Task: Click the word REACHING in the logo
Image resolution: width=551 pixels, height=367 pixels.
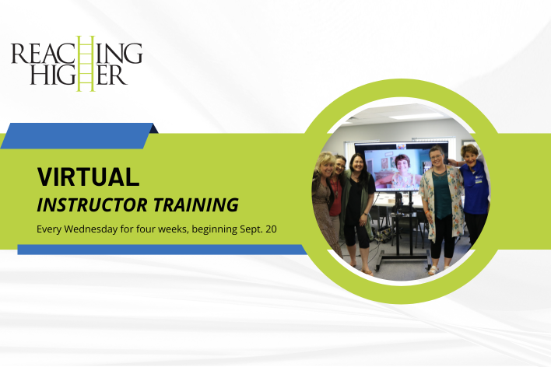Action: (76, 54)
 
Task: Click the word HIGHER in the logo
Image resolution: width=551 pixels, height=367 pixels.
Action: (78, 75)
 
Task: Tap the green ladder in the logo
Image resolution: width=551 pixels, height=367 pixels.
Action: (86, 63)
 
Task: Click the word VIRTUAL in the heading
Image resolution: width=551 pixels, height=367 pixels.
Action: (88, 177)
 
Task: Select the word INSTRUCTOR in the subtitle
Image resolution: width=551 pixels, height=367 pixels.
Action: (93, 205)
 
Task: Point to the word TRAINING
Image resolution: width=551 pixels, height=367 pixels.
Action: (196, 205)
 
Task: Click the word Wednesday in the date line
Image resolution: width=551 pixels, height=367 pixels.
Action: (90, 229)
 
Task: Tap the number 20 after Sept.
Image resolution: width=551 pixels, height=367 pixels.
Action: (272, 229)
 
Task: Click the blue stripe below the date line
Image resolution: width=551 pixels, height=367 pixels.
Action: (163, 250)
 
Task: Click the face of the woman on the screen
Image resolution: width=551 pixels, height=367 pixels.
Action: (402, 163)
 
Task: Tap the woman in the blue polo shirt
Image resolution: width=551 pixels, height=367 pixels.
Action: (473, 193)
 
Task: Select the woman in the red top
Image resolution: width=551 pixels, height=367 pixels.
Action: (336, 197)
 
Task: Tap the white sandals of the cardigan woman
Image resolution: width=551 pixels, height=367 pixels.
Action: (437, 270)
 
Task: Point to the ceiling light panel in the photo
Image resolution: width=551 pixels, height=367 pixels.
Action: (416, 117)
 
